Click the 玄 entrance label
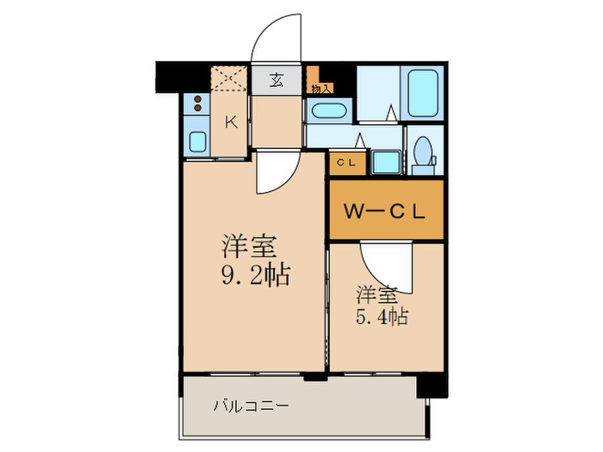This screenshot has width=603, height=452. pyautogui.click(x=277, y=80)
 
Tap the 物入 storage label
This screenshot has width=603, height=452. pyautogui.click(x=320, y=90)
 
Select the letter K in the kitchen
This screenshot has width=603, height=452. pyautogui.click(x=231, y=122)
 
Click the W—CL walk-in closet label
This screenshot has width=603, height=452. pyautogui.click(x=384, y=211)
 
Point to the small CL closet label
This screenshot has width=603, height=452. pyautogui.click(x=346, y=163)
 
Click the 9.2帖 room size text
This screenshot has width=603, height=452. pyautogui.click(x=256, y=274)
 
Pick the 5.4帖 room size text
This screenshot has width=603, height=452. pyautogui.click(x=382, y=317)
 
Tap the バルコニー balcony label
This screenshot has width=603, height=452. pyautogui.click(x=251, y=406)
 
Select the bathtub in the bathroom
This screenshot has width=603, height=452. pyautogui.click(x=423, y=93)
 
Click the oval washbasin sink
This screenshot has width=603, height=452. pyautogui.click(x=329, y=111)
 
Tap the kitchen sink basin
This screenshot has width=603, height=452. pyautogui.click(x=197, y=142)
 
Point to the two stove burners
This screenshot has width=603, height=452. pyautogui.click(x=197, y=103)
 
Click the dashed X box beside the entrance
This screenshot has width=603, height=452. pyautogui.click(x=229, y=79)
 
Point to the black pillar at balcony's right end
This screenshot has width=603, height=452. pyautogui.click(x=432, y=385)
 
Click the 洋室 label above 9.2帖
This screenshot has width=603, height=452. pyautogui.click(x=249, y=246)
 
